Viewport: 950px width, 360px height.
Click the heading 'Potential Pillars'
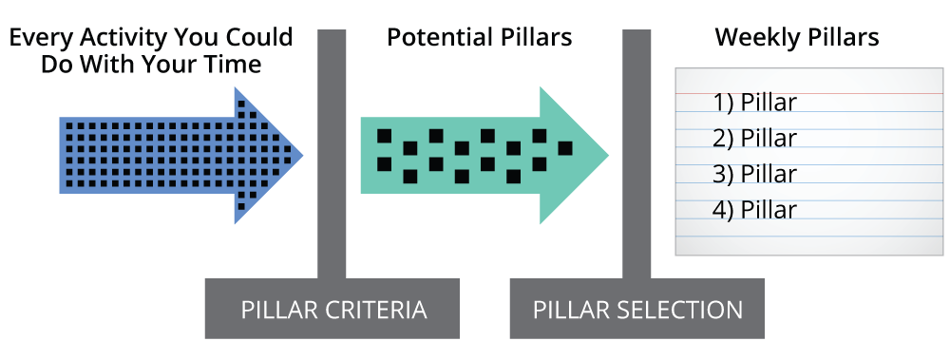[x=479, y=39]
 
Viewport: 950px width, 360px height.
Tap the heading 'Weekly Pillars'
[x=796, y=39]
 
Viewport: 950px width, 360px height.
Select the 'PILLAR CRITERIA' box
[x=332, y=310]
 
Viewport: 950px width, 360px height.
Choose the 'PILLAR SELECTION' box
[x=636, y=310]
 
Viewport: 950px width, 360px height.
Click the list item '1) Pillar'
[x=754, y=103]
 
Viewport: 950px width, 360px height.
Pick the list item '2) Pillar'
[x=754, y=139]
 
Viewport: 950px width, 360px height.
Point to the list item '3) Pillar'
[x=754, y=174]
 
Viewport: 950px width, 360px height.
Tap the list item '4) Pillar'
[x=754, y=209]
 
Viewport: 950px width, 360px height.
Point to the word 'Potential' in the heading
[x=439, y=39]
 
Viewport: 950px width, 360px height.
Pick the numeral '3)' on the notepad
[x=724, y=174]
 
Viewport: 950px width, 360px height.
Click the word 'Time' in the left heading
[x=236, y=65]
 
